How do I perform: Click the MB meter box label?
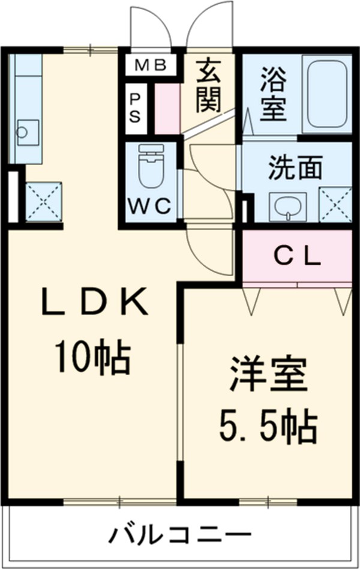pyautogui.click(x=151, y=65)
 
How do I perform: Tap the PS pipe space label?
pyautogui.click(x=134, y=108)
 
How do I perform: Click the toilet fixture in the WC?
pyautogui.click(x=151, y=166)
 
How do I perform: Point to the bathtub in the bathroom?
pyautogui.click(x=326, y=95)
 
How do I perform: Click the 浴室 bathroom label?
pyautogui.click(x=273, y=94)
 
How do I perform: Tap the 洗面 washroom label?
pyautogui.click(x=295, y=167)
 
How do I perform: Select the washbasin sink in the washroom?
pyautogui.click(x=287, y=207)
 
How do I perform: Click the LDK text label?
pyautogui.click(x=95, y=301)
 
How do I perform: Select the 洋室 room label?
pyautogui.click(x=268, y=375)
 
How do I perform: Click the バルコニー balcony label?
pyautogui.click(x=181, y=535)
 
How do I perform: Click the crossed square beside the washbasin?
pyautogui.click(x=335, y=204)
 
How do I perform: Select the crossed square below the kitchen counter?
pyautogui.click(x=44, y=202)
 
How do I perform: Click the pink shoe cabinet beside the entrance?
pyautogui.click(x=167, y=109)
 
